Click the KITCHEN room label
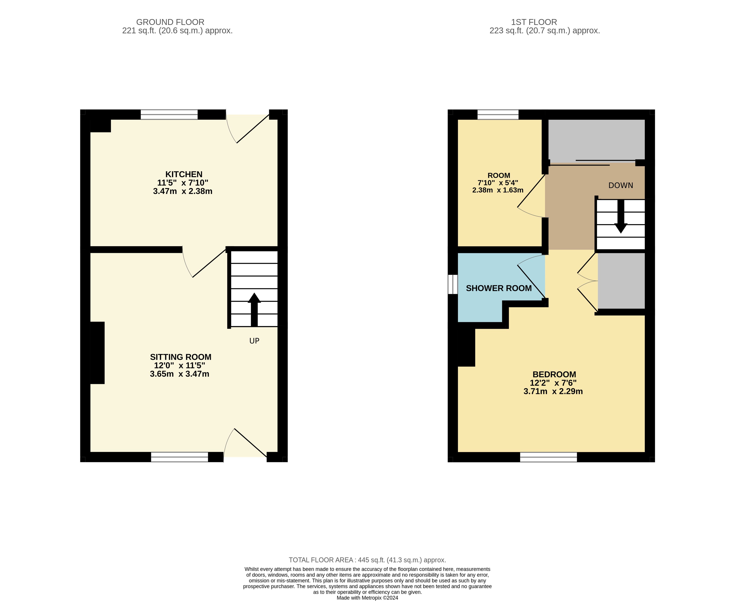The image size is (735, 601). pyautogui.click(x=184, y=174)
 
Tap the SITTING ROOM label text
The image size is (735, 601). pyautogui.click(x=181, y=357)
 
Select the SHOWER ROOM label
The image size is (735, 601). pyautogui.click(x=499, y=288)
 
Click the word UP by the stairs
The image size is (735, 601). pyautogui.click(x=254, y=341)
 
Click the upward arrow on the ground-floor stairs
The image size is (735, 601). pyautogui.click(x=254, y=310)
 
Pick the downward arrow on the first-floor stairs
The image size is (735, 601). pyautogui.click(x=621, y=216)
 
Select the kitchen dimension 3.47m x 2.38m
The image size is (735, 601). pyautogui.click(x=183, y=191)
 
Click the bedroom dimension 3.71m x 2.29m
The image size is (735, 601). pyautogui.click(x=553, y=391)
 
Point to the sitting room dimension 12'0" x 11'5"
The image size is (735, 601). pyautogui.click(x=180, y=365)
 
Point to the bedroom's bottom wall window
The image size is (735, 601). pyautogui.click(x=549, y=457)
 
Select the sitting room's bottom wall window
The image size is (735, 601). pyautogui.click(x=180, y=457)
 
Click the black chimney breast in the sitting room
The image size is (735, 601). pyautogui.click(x=97, y=353)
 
